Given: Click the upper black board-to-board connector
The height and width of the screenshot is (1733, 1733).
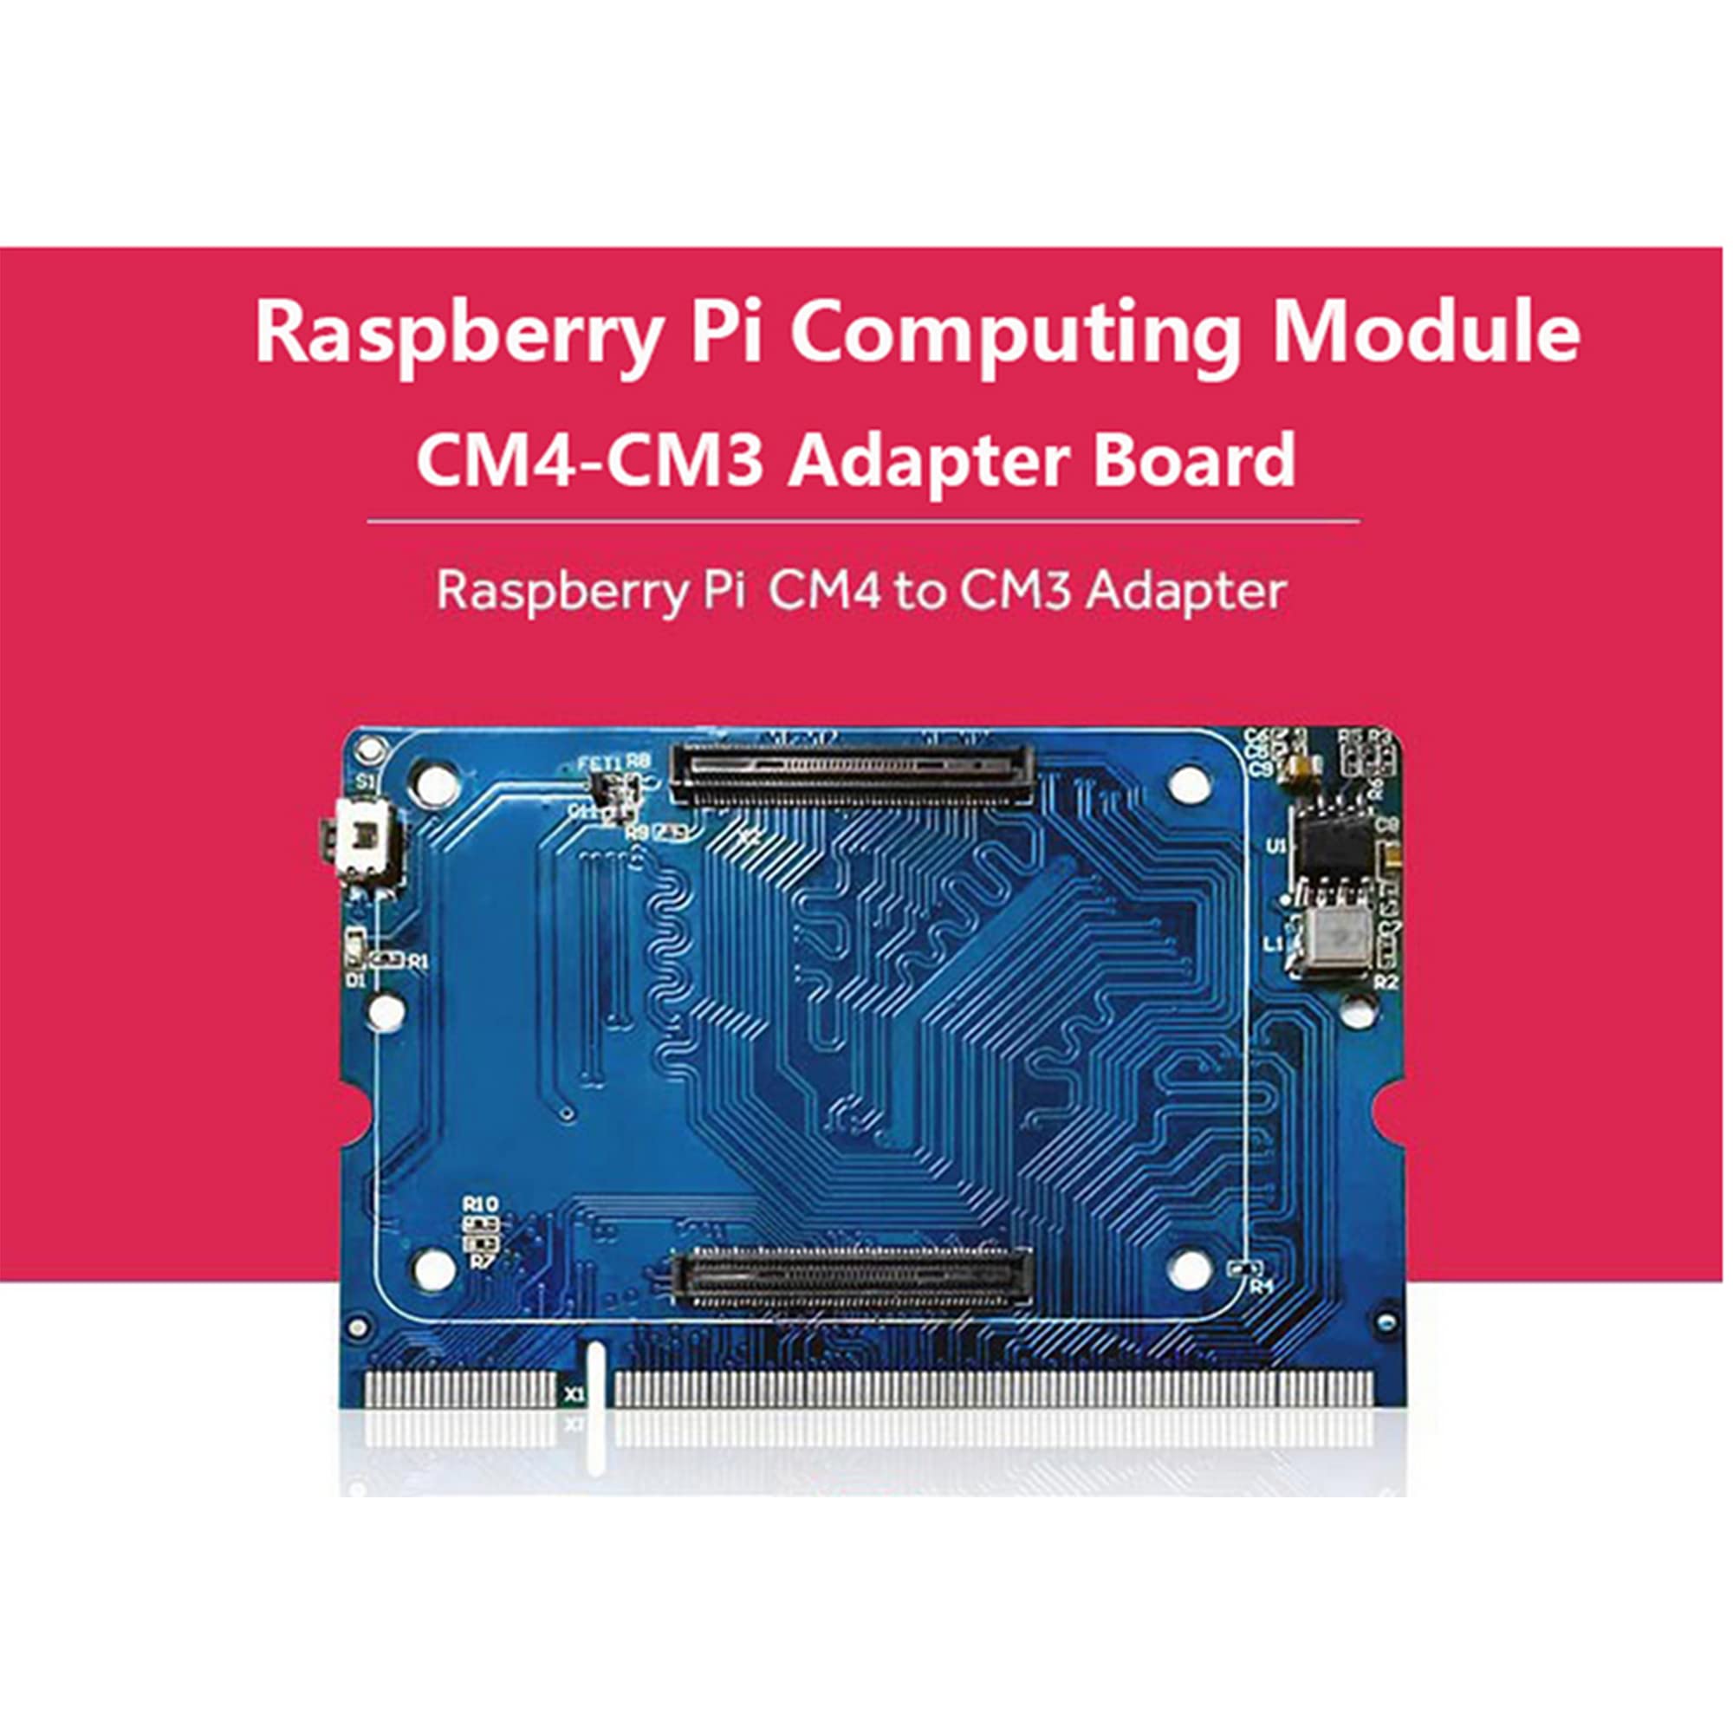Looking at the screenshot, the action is [x=850, y=773].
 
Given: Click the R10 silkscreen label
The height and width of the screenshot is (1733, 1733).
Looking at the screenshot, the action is [x=480, y=1204].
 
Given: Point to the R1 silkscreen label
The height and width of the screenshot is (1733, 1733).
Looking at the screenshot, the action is [x=418, y=962].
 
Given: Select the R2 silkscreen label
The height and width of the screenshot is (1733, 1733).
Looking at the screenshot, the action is [x=1385, y=982].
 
